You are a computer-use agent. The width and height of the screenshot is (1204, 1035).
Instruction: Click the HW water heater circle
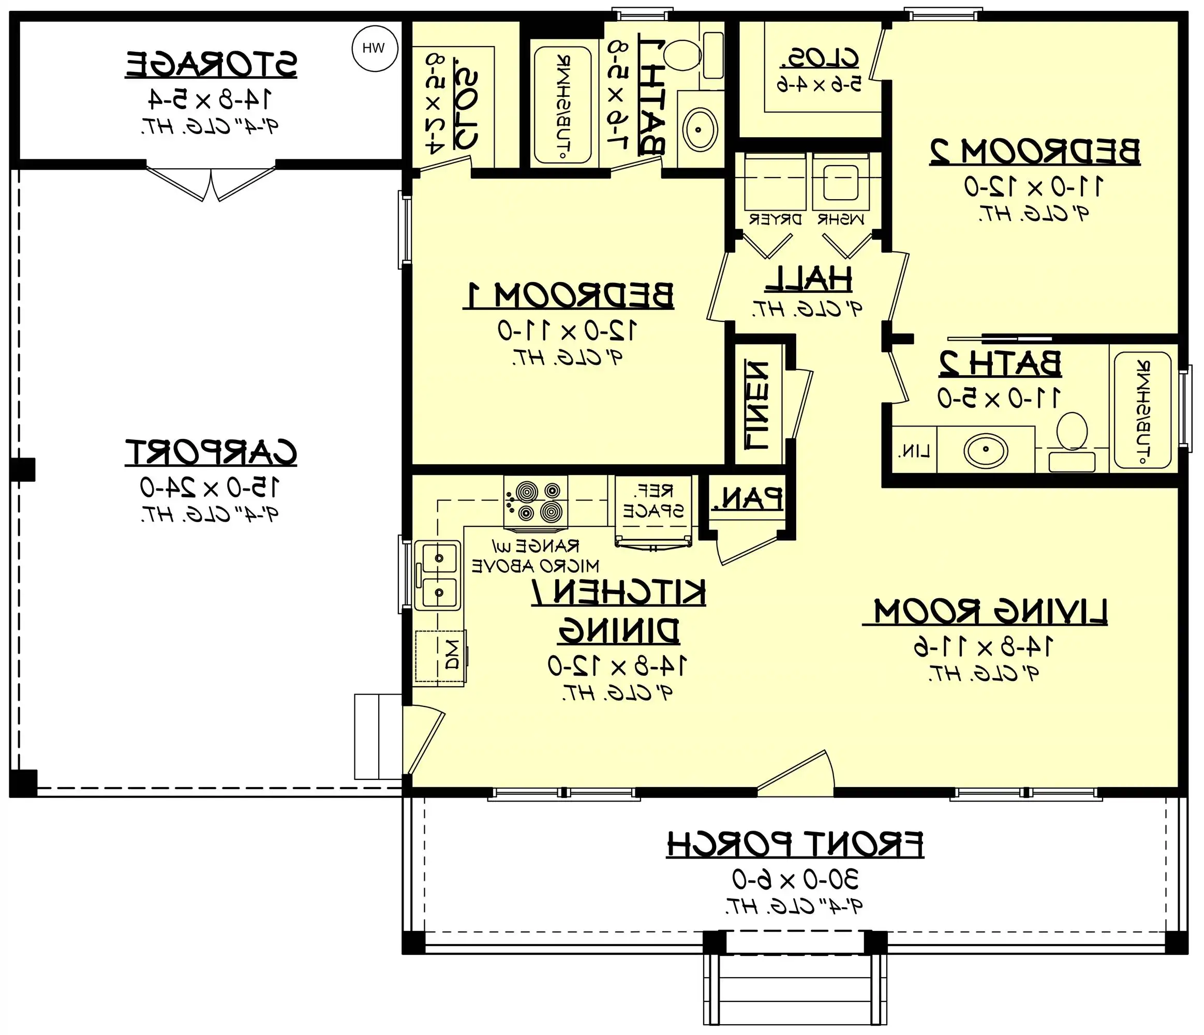click(375, 49)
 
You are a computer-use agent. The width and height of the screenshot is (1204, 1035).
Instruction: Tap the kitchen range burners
click(535, 502)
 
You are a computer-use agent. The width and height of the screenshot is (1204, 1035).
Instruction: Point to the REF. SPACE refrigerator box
click(653, 501)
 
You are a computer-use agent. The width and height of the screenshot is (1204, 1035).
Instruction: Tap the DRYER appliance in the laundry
click(775, 183)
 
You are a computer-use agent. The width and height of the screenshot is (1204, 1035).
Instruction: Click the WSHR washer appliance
click(840, 183)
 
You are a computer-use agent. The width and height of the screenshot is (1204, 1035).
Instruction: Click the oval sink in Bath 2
click(986, 450)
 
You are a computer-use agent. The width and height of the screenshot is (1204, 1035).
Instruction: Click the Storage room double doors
click(211, 183)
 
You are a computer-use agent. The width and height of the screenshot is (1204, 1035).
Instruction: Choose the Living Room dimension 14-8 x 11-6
click(983, 647)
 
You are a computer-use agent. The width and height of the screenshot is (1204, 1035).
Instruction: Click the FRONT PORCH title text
click(794, 845)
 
